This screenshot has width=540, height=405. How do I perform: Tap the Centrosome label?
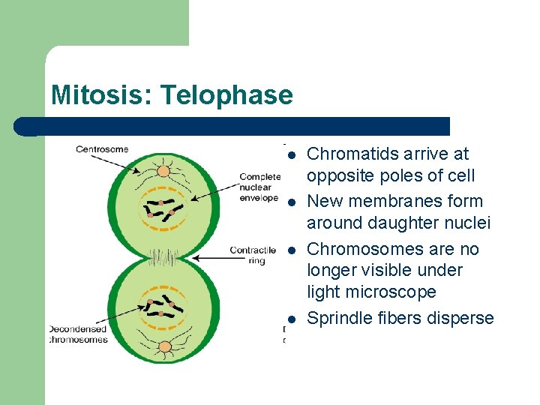click(102, 149)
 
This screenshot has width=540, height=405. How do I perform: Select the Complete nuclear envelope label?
click(259, 187)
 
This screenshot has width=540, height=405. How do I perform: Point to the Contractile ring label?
click(253, 255)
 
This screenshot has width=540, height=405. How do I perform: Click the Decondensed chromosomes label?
click(78, 334)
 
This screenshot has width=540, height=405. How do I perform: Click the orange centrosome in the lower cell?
click(161, 346)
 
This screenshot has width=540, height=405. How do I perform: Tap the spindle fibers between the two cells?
click(160, 259)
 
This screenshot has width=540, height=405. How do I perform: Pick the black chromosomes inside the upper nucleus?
click(160, 208)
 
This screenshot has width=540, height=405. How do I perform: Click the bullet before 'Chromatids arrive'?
click(292, 155)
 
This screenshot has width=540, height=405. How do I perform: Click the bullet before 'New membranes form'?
click(292, 202)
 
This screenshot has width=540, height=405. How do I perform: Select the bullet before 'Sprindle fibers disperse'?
click(292, 319)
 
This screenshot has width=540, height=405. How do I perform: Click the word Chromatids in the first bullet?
click(346, 154)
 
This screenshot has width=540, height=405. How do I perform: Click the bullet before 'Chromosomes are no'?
click(292, 250)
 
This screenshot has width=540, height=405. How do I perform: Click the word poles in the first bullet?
click(400, 176)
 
